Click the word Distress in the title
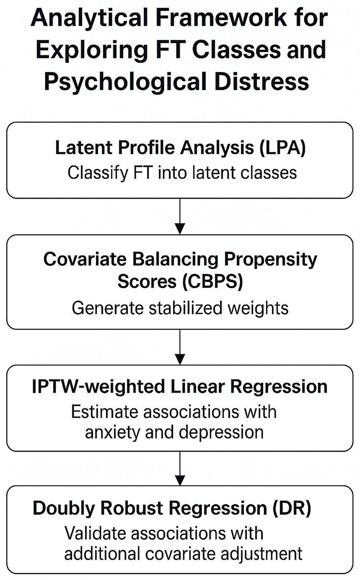[262, 80]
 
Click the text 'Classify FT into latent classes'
[182, 173]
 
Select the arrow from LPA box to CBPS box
[180, 217]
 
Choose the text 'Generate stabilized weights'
[180, 308]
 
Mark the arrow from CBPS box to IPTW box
[180, 347]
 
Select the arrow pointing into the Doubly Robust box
[180, 468]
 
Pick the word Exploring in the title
[92, 49]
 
